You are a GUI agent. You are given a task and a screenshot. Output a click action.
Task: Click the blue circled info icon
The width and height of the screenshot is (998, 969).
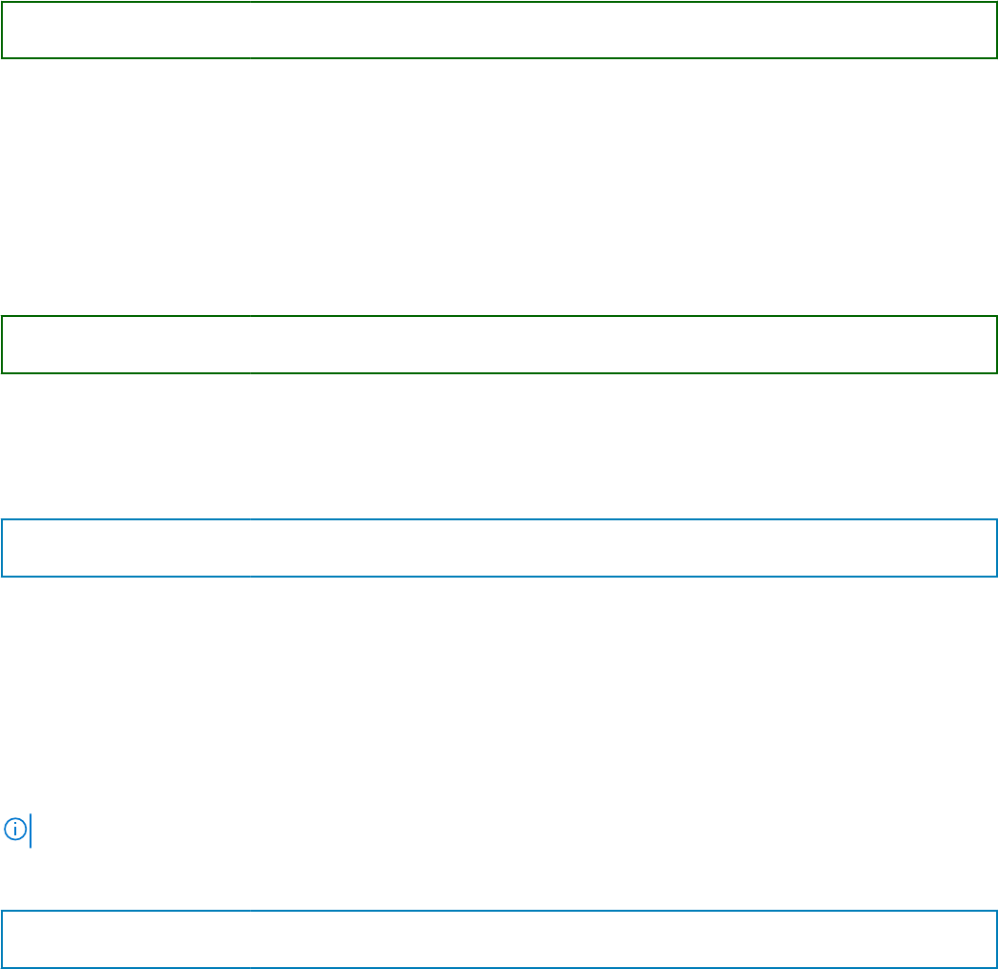click(x=14, y=829)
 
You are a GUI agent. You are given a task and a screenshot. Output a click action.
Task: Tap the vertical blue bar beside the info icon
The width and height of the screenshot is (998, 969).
click(x=31, y=830)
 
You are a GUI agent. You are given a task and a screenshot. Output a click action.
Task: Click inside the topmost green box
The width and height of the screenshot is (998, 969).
click(x=499, y=30)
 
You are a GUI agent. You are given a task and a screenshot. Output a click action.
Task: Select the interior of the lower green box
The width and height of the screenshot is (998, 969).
click(x=499, y=345)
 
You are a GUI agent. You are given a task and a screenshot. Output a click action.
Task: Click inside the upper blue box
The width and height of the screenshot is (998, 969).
click(x=499, y=548)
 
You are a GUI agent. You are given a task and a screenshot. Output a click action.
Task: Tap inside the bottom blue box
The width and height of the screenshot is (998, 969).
click(x=499, y=939)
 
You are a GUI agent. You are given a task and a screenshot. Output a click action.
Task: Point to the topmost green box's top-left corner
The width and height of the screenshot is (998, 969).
click(x=2, y=2)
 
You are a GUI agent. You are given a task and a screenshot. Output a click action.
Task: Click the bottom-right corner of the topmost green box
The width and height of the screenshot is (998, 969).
click(x=996, y=57)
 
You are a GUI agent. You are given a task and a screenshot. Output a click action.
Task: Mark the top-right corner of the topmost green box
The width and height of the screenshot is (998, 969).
click(x=996, y=2)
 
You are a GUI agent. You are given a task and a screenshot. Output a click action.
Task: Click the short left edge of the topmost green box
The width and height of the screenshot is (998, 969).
click(x=2, y=30)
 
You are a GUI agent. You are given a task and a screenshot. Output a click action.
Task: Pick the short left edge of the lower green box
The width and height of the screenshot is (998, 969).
click(x=2, y=345)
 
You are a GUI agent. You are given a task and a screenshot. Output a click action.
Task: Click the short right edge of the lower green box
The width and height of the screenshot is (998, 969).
click(x=996, y=345)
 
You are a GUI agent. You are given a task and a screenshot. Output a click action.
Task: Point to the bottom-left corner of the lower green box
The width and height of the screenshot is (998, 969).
click(x=2, y=372)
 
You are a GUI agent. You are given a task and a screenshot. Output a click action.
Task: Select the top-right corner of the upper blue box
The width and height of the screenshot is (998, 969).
click(x=996, y=520)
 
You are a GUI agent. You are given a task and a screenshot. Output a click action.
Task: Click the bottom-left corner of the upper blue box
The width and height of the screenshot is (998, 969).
click(x=2, y=576)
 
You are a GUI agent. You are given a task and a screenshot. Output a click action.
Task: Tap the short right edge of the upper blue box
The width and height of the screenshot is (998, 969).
click(x=996, y=548)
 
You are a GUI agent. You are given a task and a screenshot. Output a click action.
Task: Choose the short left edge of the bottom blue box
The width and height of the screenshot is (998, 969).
click(x=2, y=939)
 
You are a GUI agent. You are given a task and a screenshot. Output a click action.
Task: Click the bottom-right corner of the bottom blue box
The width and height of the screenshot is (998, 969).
click(x=996, y=967)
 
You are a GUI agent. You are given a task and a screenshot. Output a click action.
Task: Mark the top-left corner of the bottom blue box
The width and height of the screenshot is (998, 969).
click(x=2, y=912)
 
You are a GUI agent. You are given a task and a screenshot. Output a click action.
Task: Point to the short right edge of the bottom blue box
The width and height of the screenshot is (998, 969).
click(x=996, y=939)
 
